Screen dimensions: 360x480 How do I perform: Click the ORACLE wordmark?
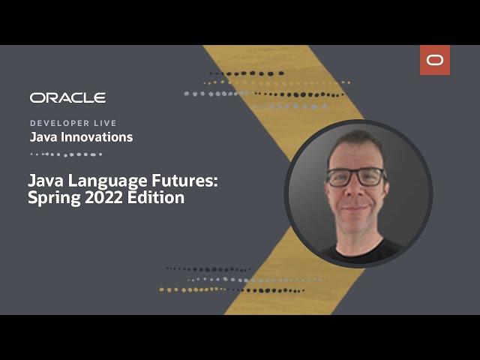click(x=67, y=97)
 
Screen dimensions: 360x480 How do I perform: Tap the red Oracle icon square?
click(x=435, y=60)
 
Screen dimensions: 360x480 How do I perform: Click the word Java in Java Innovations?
click(x=42, y=137)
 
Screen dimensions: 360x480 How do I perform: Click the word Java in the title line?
click(x=43, y=181)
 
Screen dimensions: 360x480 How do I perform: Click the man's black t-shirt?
click(x=358, y=251)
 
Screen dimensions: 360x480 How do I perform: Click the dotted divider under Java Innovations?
click(x=66, y=154)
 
